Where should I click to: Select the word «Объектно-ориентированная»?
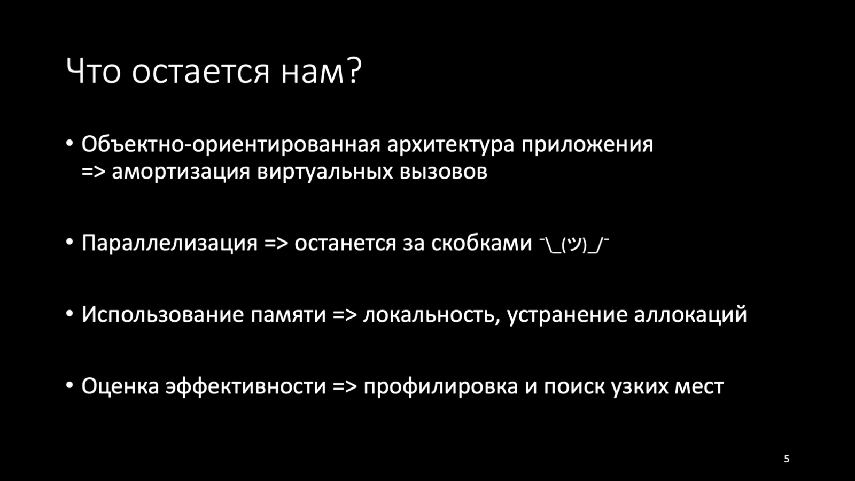coord(231,144)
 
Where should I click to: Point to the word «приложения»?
coord(587,145)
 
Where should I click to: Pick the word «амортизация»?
coord(181,172)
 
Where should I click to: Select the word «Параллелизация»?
coord(169,243)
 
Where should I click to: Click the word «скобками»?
coord(481,243)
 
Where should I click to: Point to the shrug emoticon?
coord(574,245)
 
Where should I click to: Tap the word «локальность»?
coord(431,314)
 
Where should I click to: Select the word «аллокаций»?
coord(690,315)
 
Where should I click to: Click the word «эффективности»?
coord(245,386)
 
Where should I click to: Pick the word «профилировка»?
coord(440,386)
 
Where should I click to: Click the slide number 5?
coord(787,459)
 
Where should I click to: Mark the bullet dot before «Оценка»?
coord(69,385)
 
